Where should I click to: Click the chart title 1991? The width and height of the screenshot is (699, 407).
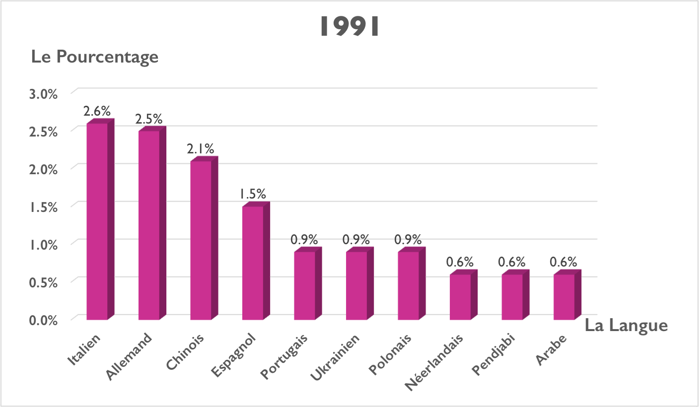(x=349, y=27)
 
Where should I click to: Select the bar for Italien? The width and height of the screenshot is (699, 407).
(x=97, y=221)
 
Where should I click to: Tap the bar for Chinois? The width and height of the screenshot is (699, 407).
(x=201, y=240)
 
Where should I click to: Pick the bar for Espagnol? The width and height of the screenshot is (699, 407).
(x=253, y=262)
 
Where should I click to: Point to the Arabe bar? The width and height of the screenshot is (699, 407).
(x=564, y=296)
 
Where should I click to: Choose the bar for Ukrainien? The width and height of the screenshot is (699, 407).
(x=356, y=285)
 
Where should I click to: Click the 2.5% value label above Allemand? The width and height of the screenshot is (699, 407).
(x=148, y=120)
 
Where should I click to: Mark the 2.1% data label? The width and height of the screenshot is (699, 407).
(x=201, y=148)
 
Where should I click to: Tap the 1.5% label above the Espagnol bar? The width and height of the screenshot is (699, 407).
(x=253, y=194)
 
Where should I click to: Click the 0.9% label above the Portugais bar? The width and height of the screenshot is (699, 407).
(x=304, y=240)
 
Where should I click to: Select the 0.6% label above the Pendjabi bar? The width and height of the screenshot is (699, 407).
(x=512, y=262)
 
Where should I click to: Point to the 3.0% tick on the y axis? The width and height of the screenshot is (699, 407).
(x=44, y=94)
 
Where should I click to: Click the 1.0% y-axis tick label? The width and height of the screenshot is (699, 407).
(x=44, y=245)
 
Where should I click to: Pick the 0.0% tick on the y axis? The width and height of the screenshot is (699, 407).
(x=44, y=320)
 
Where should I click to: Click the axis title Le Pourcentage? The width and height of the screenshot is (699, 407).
(x=95, y=57)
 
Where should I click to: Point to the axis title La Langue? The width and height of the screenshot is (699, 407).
(x=626, y=326)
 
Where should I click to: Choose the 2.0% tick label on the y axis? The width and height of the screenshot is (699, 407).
(x=44, y=169)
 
